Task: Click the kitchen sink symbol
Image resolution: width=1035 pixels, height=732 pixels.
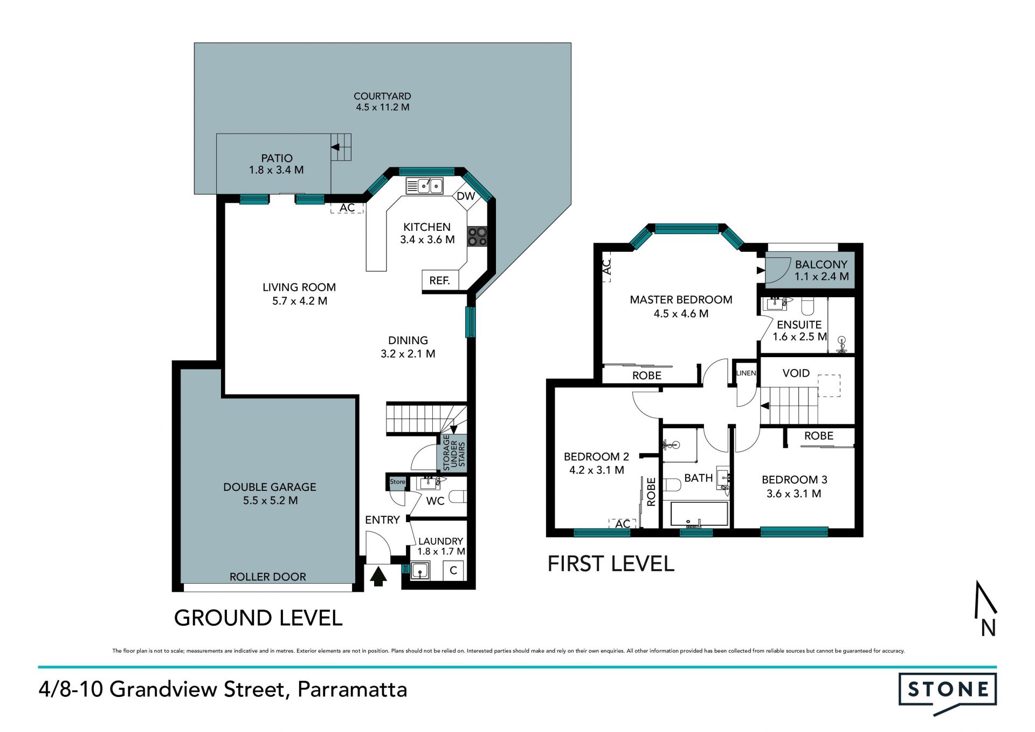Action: pyautogui.click(x=425, y=186)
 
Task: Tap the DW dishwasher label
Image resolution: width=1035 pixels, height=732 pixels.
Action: pyautogui.click(x=466, y=196)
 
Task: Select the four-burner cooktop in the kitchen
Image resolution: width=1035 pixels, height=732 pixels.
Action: pyautogui.click(x=477, y=236)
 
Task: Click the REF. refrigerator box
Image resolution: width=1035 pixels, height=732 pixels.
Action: pyautogui.click(x=440, y=281)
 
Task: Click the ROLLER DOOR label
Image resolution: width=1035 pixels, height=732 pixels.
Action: pyautogui.click(x=268, y=577)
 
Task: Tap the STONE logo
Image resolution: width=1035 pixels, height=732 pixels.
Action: pyautogui.click(x=947, y=693)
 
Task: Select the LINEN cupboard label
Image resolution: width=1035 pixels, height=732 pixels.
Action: pyautogui.click(x=747, y=373)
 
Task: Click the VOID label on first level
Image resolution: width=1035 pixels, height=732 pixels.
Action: pyautogui.click(x=796, y=373)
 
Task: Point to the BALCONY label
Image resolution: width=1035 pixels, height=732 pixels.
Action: pyautogui.click(x=821, y=264)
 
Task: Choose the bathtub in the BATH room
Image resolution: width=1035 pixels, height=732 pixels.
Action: pyautogui.click(x=699, y=514)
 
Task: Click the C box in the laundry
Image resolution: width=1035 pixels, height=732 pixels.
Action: pyautogui.click(x=453, y=571)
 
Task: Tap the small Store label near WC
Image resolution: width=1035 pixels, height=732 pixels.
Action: pyautogui.click(x=397, y=482)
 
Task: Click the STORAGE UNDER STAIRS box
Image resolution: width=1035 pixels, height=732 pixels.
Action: pyautogui.click(x=453, y=454)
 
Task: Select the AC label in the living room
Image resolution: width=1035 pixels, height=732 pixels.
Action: pyautogui.click(x=347, y=208)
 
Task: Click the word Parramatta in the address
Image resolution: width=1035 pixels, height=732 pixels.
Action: pyautogui.click(x=353, y=690)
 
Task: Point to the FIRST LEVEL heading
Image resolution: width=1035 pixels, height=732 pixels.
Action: pyautogui.click(x=611, y=564)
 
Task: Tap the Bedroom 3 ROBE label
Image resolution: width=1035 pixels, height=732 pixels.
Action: pyautogui.click(x=819, y=436)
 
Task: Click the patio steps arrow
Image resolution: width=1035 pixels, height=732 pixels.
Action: pyautogui.click(x=335, y=147)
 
